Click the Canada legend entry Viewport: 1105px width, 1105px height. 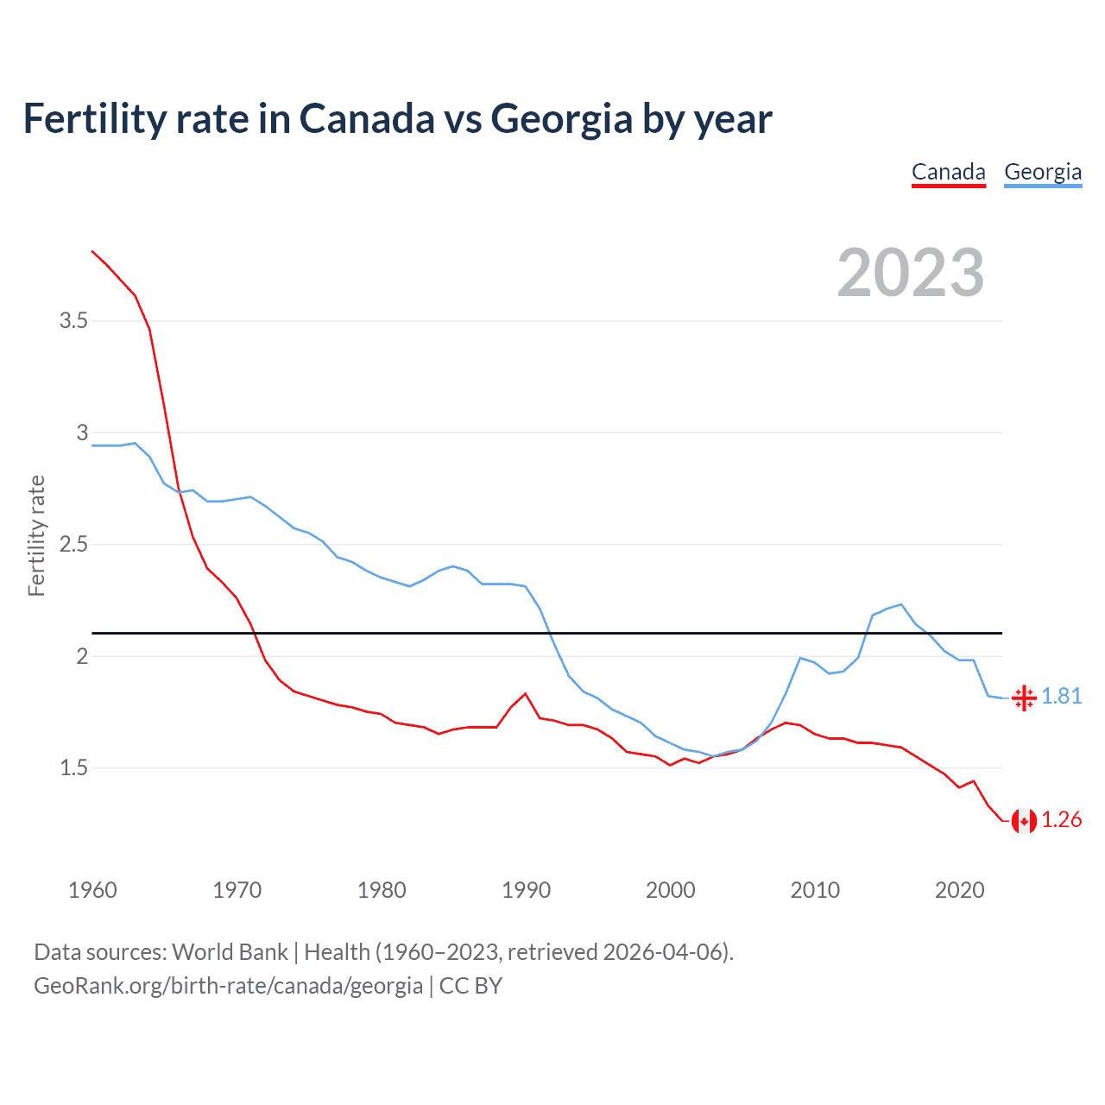tap(948, 172)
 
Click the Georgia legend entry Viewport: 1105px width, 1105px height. tap(1042, 172)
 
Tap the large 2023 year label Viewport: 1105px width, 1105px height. tap(910, 273)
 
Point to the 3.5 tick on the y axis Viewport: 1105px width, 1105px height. tap(73, 321)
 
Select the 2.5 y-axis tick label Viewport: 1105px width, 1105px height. tap(73, 545)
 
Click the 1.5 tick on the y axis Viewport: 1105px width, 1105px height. tap(73, 767)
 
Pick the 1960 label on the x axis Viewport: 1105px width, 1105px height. tap(92, 890)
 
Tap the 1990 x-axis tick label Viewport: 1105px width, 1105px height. tap(526, 890)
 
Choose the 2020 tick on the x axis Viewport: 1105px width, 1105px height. tap(959, 890)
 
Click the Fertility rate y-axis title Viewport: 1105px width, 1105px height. tap(36, 535)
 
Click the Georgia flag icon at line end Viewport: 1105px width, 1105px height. tap(1024, 698)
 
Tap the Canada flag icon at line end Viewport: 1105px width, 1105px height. tap(1024, 820)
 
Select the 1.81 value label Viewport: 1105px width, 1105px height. tap(1061, 696)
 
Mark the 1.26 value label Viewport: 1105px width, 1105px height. tap(1061, 819)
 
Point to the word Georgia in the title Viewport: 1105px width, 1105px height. tap(561, 118)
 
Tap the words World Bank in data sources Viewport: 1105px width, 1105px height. tap(230, 951)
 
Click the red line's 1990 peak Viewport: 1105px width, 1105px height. tap(525, 693)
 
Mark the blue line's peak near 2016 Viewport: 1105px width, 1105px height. tap(900, 604)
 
